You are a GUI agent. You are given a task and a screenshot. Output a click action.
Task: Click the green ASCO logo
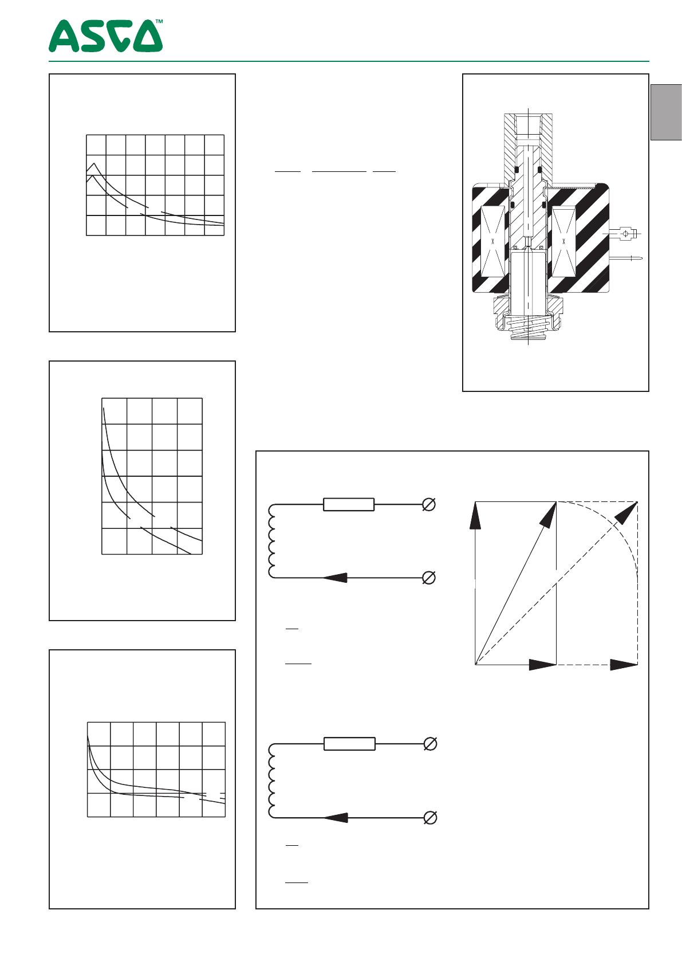tap(105, 36)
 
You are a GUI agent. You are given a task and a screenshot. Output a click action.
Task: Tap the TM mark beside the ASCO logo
tap(159, 21)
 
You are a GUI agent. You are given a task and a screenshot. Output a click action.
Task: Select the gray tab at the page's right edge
tap(666, 112)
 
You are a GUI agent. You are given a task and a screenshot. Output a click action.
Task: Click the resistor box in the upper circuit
tap(349, 504)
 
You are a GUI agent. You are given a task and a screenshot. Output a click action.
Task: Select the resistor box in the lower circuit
tap(350, 744)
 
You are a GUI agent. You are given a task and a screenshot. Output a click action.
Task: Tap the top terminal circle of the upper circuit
tap(429, 504)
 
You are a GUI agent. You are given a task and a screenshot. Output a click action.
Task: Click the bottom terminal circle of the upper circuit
tap(429, 577)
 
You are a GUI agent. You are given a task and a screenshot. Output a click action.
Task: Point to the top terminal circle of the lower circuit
tap(431, 744)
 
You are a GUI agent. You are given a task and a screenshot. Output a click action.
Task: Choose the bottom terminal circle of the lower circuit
tap(431, 817)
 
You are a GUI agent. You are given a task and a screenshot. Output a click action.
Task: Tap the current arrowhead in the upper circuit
tap(335, 577)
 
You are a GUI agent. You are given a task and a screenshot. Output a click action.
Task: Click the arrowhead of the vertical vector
tap(475, 515)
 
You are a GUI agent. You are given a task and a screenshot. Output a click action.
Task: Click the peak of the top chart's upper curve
tap(94, 163)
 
